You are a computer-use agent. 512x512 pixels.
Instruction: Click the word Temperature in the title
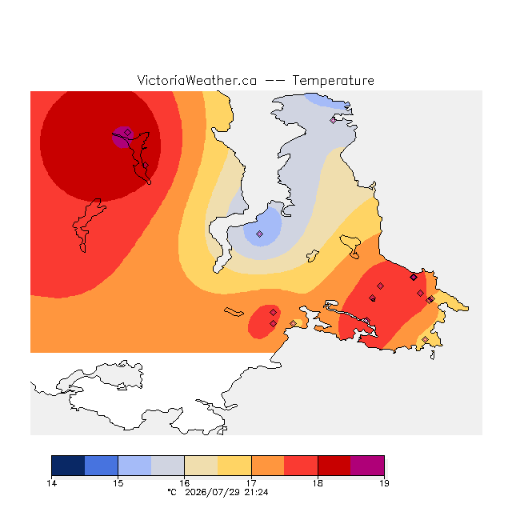(333, 80)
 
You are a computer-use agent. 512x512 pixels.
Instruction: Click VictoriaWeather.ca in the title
(197, 80)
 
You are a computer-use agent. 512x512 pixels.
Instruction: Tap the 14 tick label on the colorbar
(51, 483)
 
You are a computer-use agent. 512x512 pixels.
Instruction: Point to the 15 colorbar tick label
(118, 483)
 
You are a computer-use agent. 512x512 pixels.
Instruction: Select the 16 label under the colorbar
(185, 483)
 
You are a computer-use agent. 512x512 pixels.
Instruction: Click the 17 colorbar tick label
(251, 483)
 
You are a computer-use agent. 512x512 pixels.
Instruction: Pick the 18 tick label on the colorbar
(318, 483)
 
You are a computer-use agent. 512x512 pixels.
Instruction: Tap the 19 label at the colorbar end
(384, 483)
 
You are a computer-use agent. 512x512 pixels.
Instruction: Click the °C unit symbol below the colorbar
(172, 492)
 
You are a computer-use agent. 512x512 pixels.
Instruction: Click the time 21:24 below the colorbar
(256, 492)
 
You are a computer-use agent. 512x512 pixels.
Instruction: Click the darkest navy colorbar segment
(68, 466)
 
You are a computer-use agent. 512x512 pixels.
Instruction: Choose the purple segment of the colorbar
(367, 466)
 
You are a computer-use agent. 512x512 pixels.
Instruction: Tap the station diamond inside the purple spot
(128, 132)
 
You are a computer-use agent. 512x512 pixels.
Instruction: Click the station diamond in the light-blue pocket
(259, 234)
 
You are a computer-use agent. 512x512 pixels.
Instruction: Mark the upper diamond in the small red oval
(274, 313)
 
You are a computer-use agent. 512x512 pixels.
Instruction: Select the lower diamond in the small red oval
(273, 323)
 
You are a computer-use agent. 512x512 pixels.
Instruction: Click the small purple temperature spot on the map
(122, 137)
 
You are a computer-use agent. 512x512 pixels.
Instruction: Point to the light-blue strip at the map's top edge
(326, 101)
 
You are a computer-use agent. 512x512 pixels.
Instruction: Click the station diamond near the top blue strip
(333, 120)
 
